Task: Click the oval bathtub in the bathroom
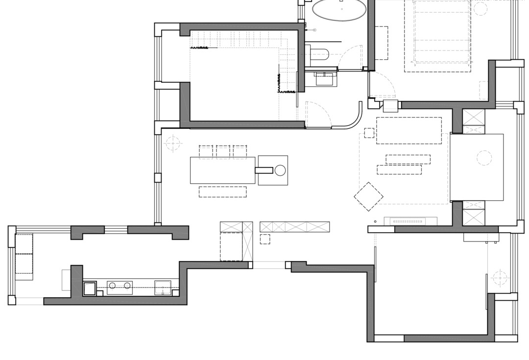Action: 339,10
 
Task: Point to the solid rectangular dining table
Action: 222,170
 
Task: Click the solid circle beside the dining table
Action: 280,170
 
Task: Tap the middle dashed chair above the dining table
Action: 223,151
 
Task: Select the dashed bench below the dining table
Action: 222,192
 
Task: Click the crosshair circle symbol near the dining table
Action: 172,143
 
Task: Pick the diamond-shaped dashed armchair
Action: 368,196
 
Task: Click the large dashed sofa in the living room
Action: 409,130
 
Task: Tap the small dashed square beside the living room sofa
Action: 369,133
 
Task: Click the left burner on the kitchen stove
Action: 112,286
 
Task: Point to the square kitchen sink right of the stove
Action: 163,287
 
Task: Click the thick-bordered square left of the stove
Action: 90,288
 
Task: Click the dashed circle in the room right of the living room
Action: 484,158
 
